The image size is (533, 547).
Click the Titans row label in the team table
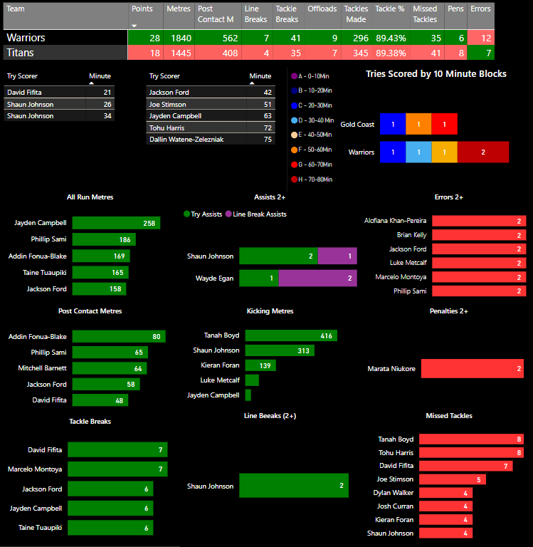(21, 53)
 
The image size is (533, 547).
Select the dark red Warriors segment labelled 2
(483, 152)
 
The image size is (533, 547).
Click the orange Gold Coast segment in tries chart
(418, 124)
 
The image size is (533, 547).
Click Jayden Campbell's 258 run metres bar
(116, 223)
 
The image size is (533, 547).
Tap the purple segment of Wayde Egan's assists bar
(317, 278)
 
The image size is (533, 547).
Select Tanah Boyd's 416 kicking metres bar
(291, 335)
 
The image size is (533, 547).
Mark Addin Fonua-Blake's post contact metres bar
(118, 337)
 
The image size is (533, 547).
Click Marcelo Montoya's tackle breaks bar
(120, 469)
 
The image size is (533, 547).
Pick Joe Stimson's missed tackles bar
(452, 479)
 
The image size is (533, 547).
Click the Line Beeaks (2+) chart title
(270, 415)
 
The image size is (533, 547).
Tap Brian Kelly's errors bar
(479, 235)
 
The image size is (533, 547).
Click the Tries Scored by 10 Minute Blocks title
(436, 73)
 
